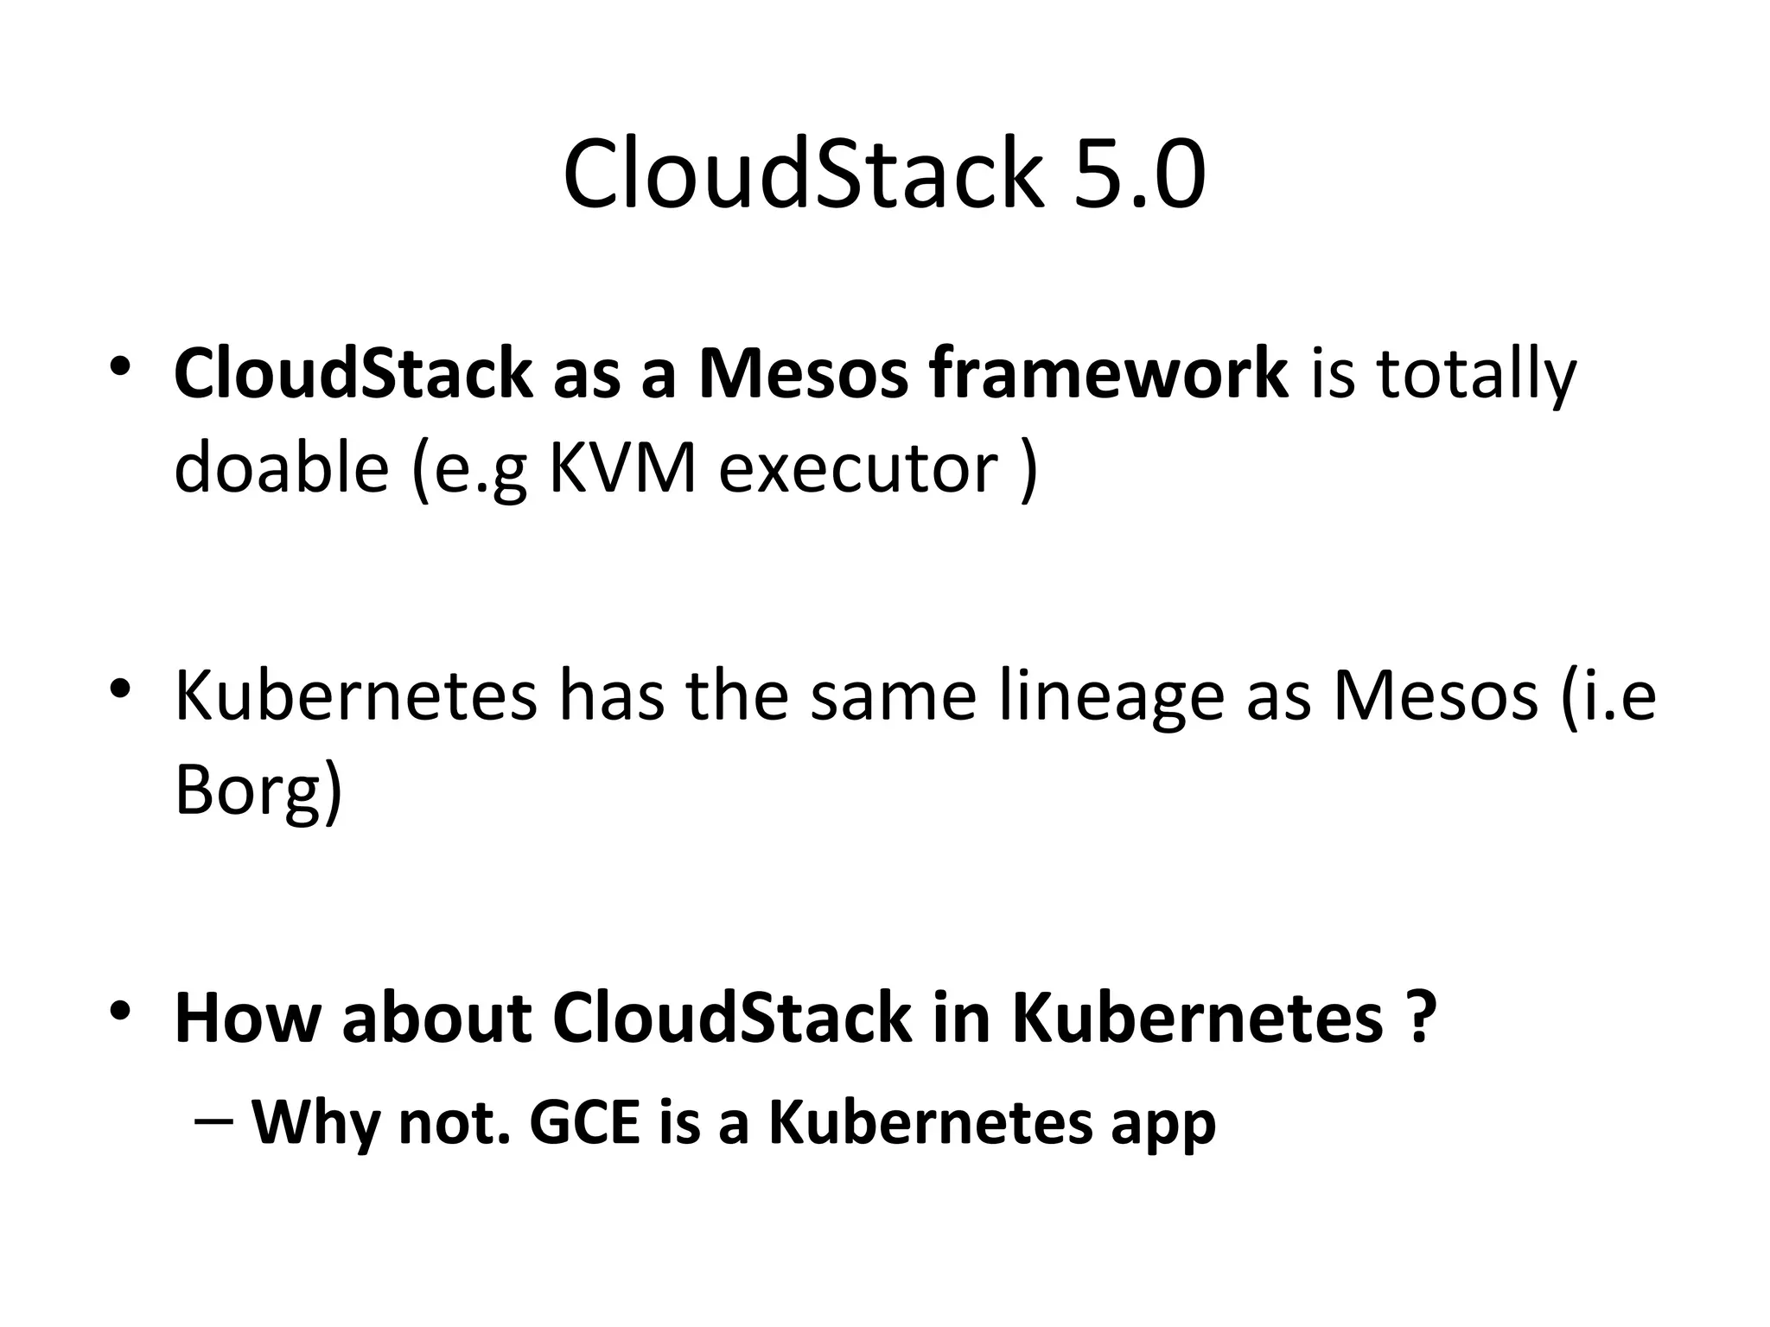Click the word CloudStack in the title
[x=800, y=175]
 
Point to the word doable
[x=281, y=467]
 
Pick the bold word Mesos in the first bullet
[x=803, y=374]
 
